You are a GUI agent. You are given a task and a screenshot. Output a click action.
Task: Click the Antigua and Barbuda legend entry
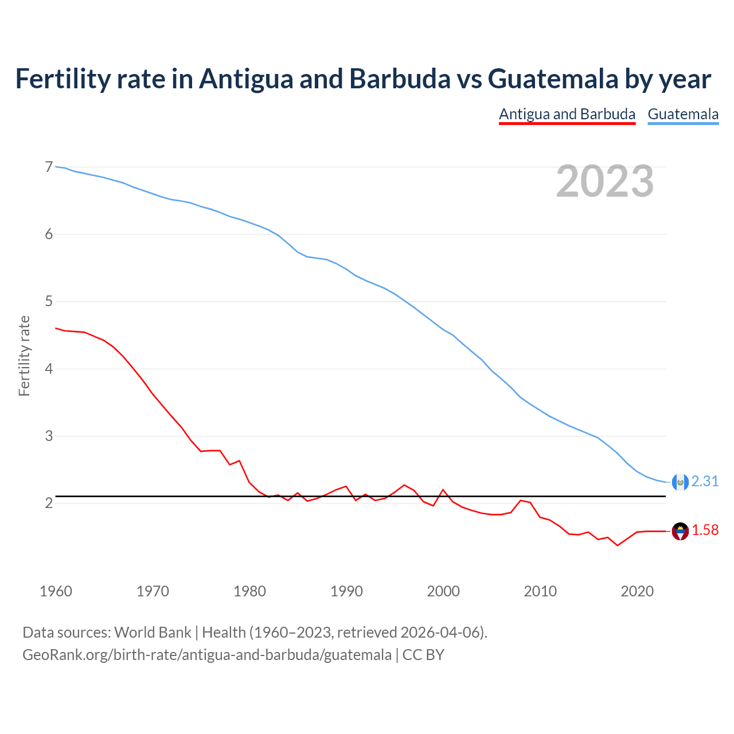click(567, 114)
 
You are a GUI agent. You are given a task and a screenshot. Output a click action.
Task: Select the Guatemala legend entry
click(683, 114)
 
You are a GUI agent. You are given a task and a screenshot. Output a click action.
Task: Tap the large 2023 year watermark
click(605, 181)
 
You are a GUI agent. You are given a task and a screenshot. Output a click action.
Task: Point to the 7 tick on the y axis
click(49, 167)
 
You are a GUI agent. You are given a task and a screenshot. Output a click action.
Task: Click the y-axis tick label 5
click(49, 301)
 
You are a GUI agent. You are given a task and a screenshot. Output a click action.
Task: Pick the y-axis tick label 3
click(49, 436)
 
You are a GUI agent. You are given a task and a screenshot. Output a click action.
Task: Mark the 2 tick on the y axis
click(49, 503)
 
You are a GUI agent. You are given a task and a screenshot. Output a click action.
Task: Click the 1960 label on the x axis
click(56, 591)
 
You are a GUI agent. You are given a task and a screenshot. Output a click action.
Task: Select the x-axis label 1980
click(249, 591)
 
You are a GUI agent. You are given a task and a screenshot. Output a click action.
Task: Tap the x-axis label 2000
click(443, 591)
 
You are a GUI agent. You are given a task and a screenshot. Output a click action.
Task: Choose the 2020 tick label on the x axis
click(637, 591)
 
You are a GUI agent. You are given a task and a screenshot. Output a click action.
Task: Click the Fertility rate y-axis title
click(24, 356)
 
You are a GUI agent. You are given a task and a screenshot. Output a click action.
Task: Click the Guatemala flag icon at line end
click(680, 482)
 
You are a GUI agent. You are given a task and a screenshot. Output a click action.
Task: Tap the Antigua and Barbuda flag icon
click(680, 531)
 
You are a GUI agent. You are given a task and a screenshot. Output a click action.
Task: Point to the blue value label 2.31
click(705, 481)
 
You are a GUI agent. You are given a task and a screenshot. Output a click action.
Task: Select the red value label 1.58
click(705, 530)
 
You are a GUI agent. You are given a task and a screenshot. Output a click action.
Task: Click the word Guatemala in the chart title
click(553, 79)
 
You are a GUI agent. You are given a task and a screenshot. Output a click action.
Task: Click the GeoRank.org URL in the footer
click(207, 654)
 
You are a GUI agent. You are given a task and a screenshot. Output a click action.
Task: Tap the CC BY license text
click(423, 654)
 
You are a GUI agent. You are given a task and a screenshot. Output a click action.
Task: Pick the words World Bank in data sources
click(153, 633)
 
